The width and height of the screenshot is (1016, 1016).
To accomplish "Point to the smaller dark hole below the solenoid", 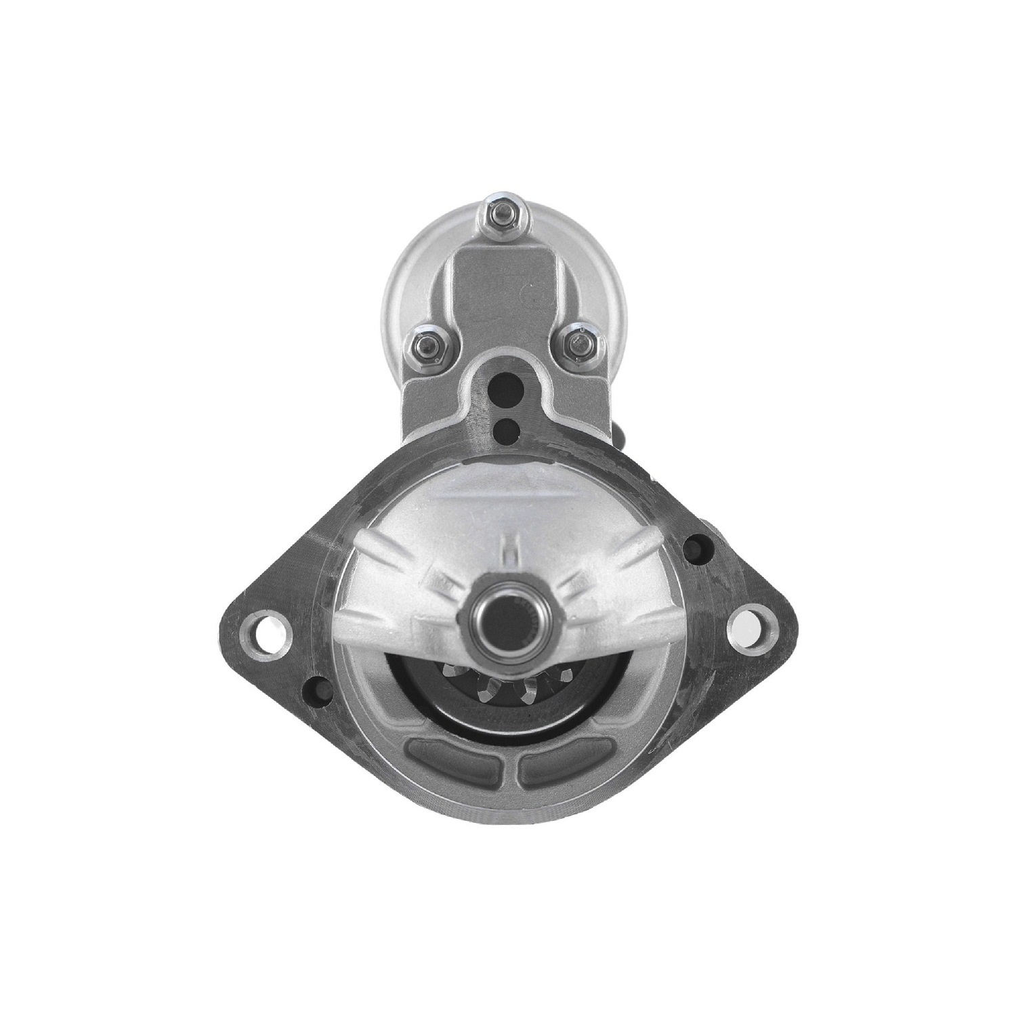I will (x=504, y=428).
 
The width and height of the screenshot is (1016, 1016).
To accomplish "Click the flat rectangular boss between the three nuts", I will (x=504, y=298).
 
